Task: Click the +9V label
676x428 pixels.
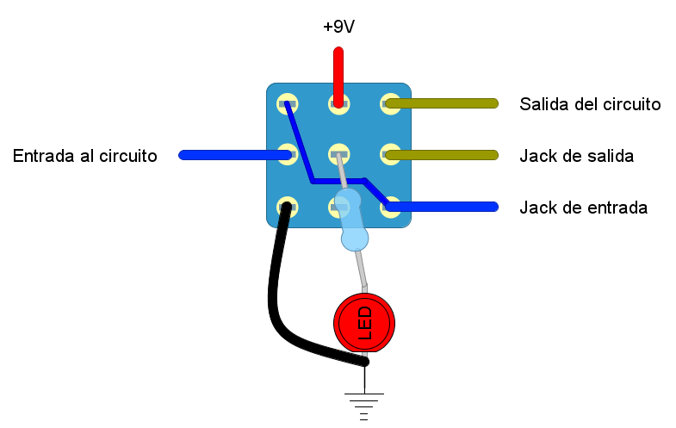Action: [338, 28]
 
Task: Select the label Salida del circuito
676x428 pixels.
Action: [590, 104]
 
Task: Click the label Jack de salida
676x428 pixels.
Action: [576, 156]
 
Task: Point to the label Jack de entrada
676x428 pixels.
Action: [583, 208]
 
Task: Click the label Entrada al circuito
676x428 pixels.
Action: [85, 156]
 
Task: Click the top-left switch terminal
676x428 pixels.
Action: [287, 104]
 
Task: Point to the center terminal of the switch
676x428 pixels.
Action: [338, 156]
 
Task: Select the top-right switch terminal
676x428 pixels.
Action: [390, 104]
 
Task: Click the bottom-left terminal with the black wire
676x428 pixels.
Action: [287, 207]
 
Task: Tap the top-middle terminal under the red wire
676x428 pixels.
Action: [338, 104]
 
